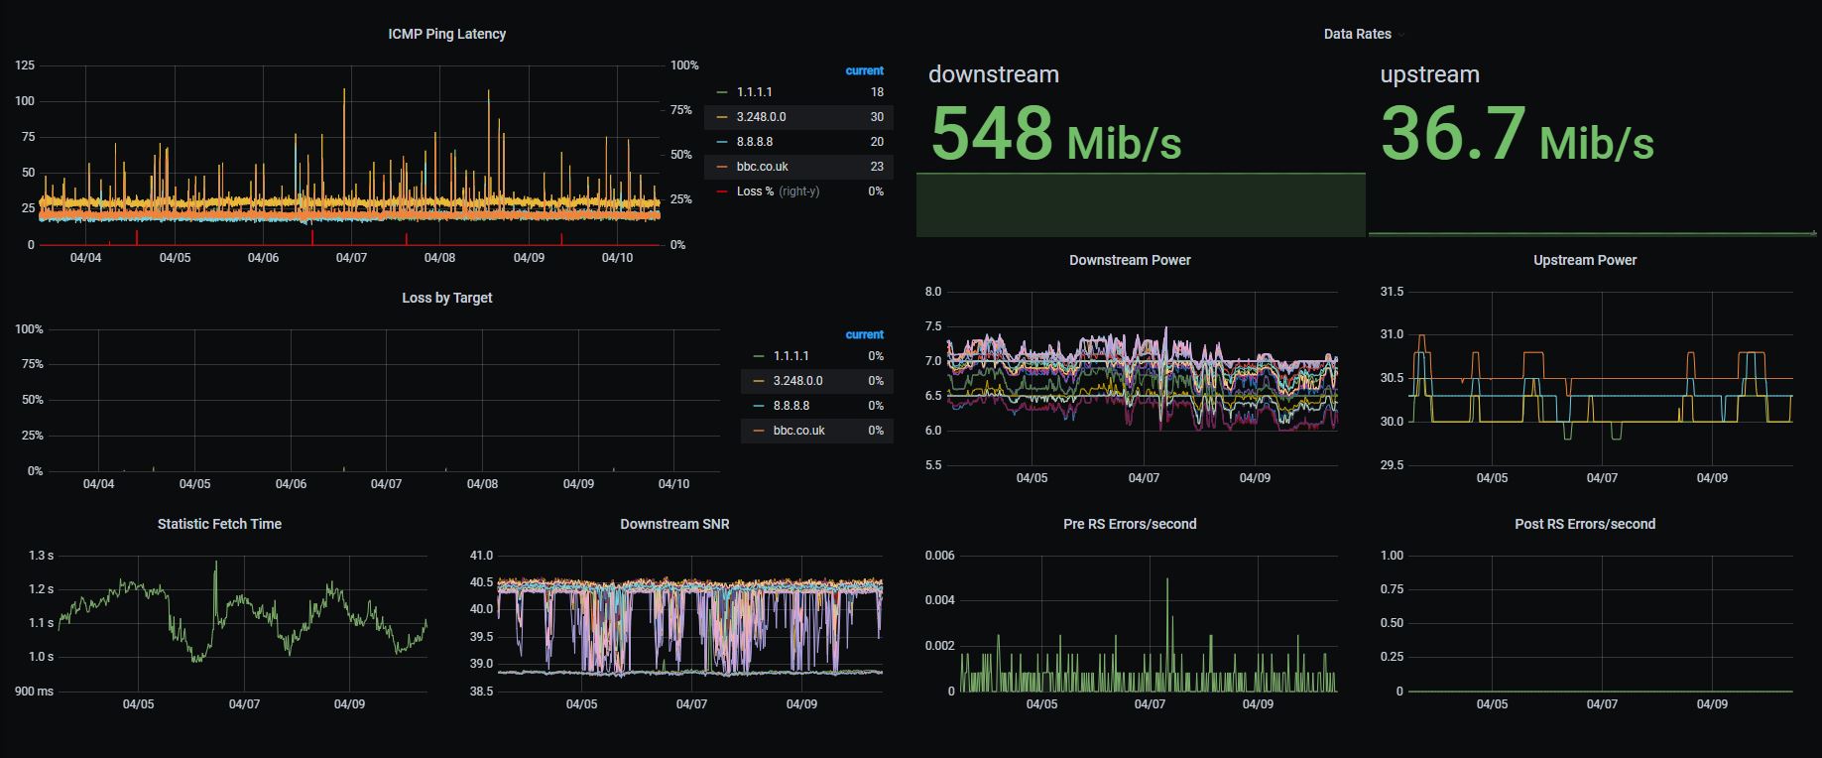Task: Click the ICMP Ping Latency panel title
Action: pos(446,34)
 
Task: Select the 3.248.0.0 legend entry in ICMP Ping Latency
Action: pos(761,117)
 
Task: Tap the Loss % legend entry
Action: pos(755,191)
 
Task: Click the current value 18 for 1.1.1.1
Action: pos(877,92)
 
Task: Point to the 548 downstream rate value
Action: pos(992,134)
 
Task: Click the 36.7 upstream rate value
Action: pos(1453,134)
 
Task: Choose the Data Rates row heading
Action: pos(1357,34)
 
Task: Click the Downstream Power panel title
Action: pos(1130,260)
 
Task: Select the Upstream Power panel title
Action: pos(1584,260)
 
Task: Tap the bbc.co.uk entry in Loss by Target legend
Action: pos(798,431)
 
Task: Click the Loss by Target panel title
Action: pos(446,298)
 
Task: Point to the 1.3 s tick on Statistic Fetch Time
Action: pos(41,556)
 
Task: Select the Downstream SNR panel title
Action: pos(674,524)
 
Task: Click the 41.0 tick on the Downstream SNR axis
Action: pos(481,556)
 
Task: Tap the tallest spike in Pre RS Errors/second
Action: pos(1167,580)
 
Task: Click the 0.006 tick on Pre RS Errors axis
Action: pos(939,556)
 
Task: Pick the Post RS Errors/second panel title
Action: pos(1584,524)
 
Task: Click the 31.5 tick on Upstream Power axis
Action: pos(1392,292)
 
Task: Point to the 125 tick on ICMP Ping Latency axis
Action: pos(25,65)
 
